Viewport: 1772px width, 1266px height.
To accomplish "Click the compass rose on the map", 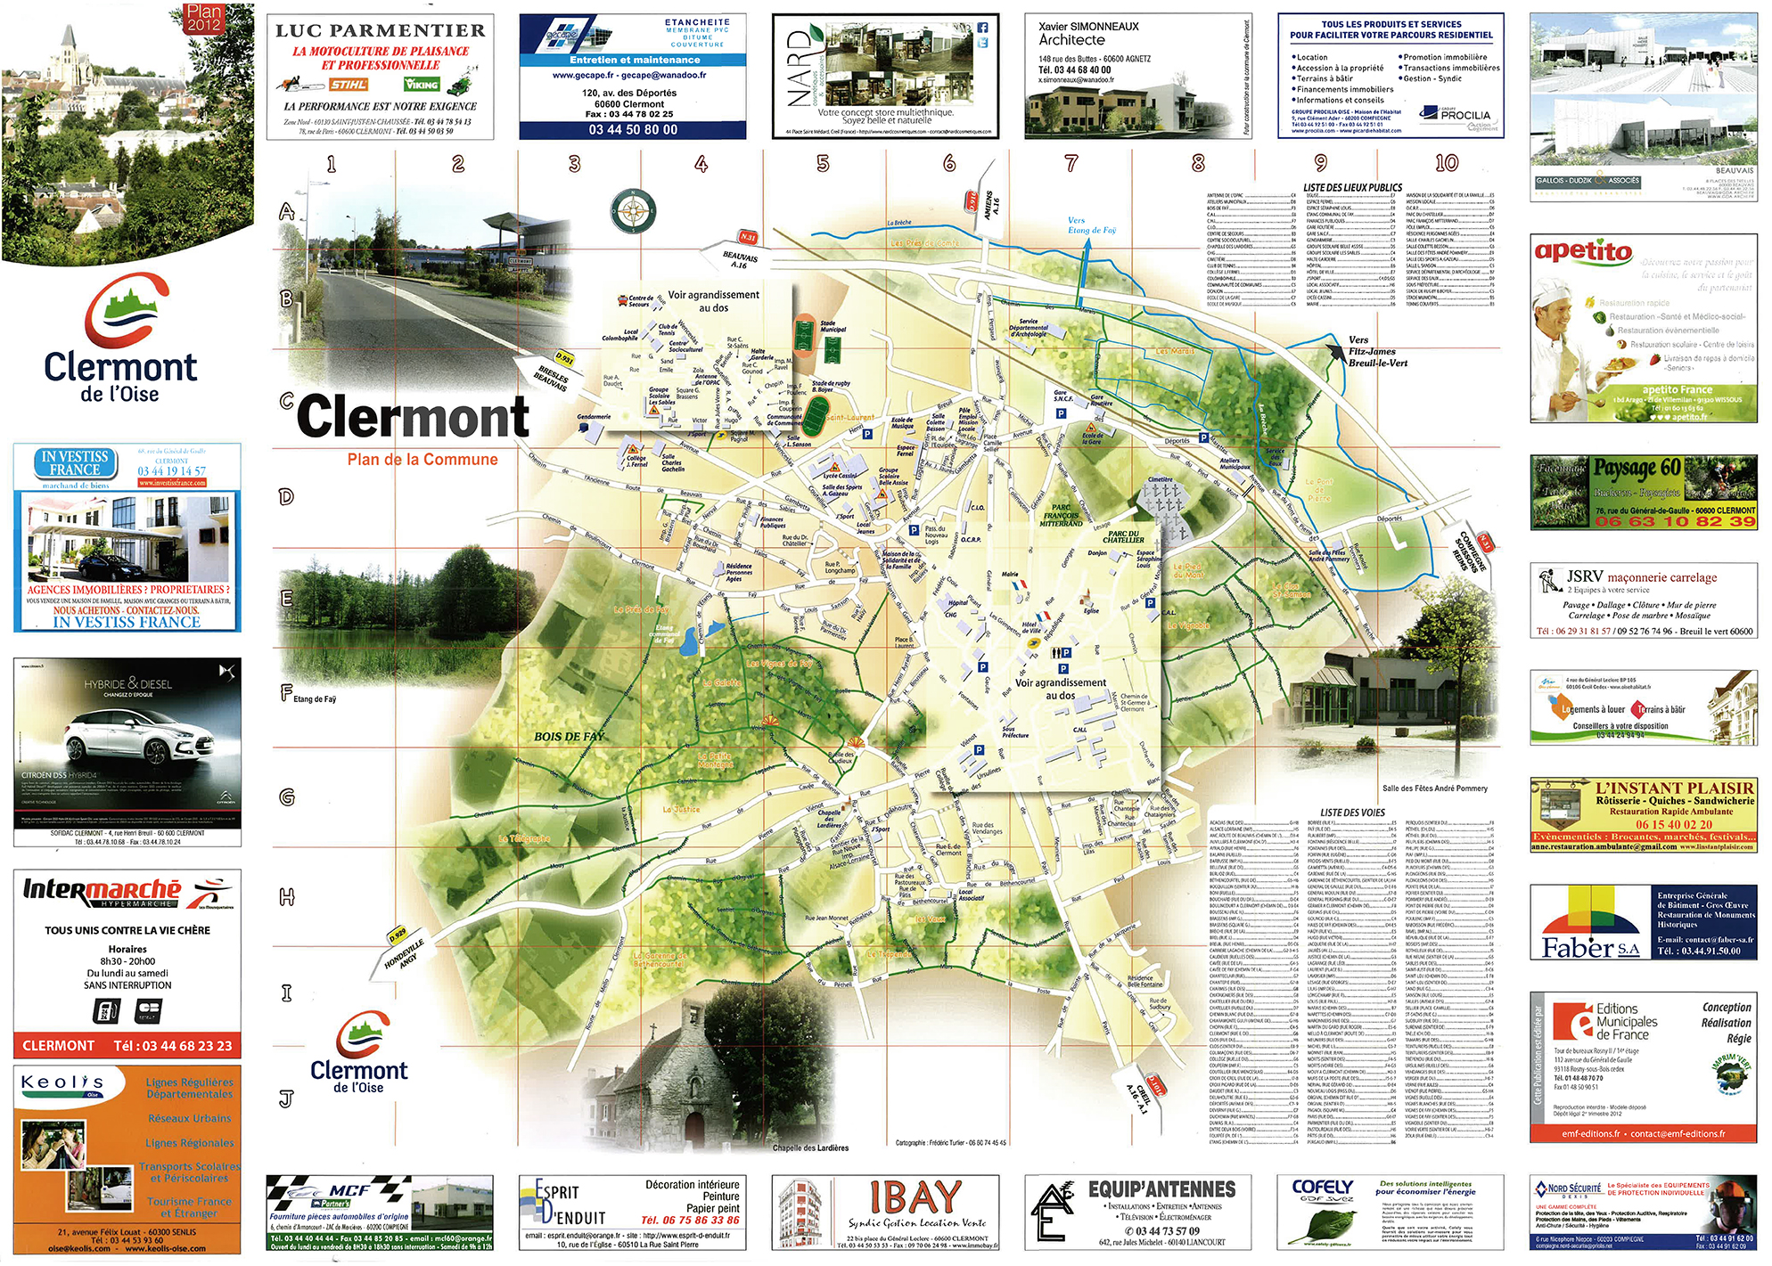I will tap(633, 211).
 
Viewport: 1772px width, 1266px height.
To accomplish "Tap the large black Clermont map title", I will tap(413, 416).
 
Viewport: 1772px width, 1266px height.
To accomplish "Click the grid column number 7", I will tap(1071, 163).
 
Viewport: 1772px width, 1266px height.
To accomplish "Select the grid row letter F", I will tap(287, 691).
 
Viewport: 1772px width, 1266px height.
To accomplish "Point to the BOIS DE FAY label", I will tap(569, 736).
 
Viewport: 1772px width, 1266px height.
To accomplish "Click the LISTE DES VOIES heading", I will tap(1352, 813).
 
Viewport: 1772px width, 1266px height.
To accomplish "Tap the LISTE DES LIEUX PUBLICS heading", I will tap(1352, 188).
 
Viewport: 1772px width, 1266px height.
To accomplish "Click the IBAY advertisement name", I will tap(915, 1197).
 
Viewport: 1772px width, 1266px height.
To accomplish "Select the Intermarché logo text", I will tap(102, 889).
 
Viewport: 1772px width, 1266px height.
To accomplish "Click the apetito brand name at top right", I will tap(1583, 252).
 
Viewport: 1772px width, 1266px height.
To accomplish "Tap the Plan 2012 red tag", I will tap(204, 18).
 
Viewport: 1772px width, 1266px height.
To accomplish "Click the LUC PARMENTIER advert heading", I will tap(381, 30).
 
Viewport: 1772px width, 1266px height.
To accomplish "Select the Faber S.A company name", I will tap(1590, 947).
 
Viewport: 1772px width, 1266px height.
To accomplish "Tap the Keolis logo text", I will tap(62, 1082).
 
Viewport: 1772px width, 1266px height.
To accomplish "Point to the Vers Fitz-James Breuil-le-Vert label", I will tap(1376, 351).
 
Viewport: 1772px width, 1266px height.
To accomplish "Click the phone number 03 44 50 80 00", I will tap(633, 129).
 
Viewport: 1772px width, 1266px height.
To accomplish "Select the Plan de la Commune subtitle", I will tap(422, 460).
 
